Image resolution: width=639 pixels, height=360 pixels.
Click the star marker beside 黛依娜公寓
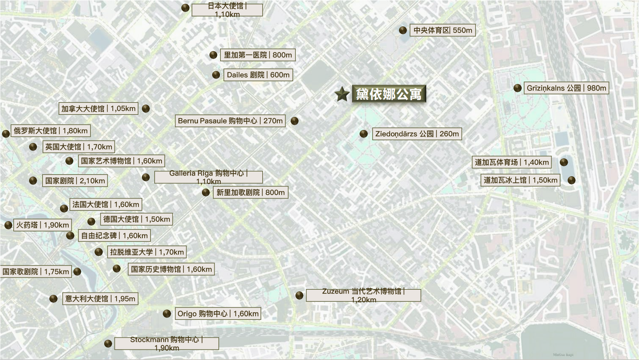[x=342, y=94]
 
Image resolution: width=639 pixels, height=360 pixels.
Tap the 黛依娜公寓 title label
[x=389, y=94]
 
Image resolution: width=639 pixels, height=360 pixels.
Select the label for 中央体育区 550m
[x=443, y=30]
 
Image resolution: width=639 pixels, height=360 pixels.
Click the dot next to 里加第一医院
[x=213, y=55]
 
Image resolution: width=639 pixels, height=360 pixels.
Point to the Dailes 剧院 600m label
[x=258, y=75]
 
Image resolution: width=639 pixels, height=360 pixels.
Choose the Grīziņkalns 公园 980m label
[x=566, y=88]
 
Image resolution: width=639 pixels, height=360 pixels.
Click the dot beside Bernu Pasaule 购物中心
[x=294, y=121]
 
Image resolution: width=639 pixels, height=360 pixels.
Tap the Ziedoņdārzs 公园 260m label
[x=417, y=134]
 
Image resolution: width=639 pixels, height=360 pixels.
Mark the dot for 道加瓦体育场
[x=564, y=162]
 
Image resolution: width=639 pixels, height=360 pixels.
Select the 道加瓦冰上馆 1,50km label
[x=520, y=180]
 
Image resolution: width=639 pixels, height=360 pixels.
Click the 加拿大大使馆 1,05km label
[x=98, y=109]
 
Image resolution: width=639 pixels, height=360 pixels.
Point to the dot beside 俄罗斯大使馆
[x=6, y=133]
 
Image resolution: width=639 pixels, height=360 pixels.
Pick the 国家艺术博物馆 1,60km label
[x=121, y=161]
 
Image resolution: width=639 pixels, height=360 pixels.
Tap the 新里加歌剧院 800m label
[x=250, y=192]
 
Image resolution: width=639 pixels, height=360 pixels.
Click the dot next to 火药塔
[x=8, y=225]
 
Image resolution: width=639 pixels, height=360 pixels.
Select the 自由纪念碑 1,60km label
[x=114, y=236]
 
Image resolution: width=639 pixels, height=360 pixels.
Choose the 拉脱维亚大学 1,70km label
[x=147, y=252]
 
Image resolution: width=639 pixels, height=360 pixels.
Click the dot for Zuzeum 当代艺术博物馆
[x=299, y=296]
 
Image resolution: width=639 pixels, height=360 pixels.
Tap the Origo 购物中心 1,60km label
[x=218, y=313]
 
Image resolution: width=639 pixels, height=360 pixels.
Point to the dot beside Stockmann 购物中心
[x=108, y=344]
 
